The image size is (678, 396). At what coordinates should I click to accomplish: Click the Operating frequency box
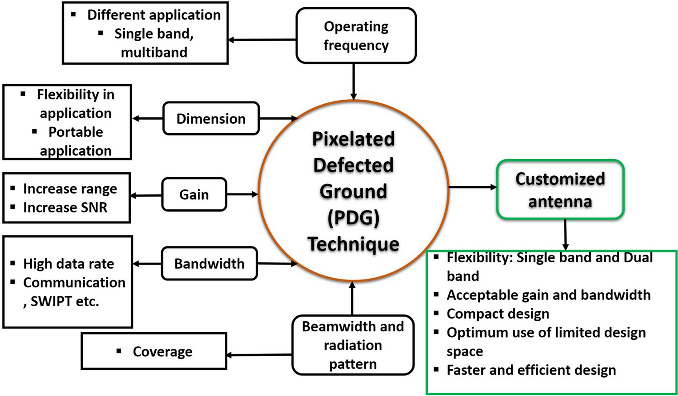[356, 36]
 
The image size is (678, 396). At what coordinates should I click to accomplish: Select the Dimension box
[211, 119]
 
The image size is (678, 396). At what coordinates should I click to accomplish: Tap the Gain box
[194, 194]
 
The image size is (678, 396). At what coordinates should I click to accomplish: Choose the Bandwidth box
[209, 264]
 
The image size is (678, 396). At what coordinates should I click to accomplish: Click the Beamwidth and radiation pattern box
[353, 345]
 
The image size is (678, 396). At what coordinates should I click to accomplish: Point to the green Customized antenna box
[560, 190]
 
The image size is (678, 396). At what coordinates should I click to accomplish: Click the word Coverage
[162, 352]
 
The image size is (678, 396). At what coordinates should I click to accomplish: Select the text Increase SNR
[65, 208]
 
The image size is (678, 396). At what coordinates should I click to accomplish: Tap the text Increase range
[70, 188]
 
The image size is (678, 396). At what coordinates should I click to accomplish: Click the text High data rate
[68, 264]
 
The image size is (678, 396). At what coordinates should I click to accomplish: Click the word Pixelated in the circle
[353, 139]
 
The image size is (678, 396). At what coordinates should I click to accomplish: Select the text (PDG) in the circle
[353, 218]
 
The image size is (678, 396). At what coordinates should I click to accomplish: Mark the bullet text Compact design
[498, 314]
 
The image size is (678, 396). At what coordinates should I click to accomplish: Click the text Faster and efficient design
[531, 370]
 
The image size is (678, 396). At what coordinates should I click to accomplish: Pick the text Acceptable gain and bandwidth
[549, 295]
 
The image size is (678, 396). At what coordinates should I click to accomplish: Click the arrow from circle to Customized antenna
[473, 187]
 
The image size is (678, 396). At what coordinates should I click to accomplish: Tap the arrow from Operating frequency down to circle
[353, 82]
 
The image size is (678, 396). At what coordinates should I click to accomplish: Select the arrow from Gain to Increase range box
[146, 195]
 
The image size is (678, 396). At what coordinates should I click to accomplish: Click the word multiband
[154, 52]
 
